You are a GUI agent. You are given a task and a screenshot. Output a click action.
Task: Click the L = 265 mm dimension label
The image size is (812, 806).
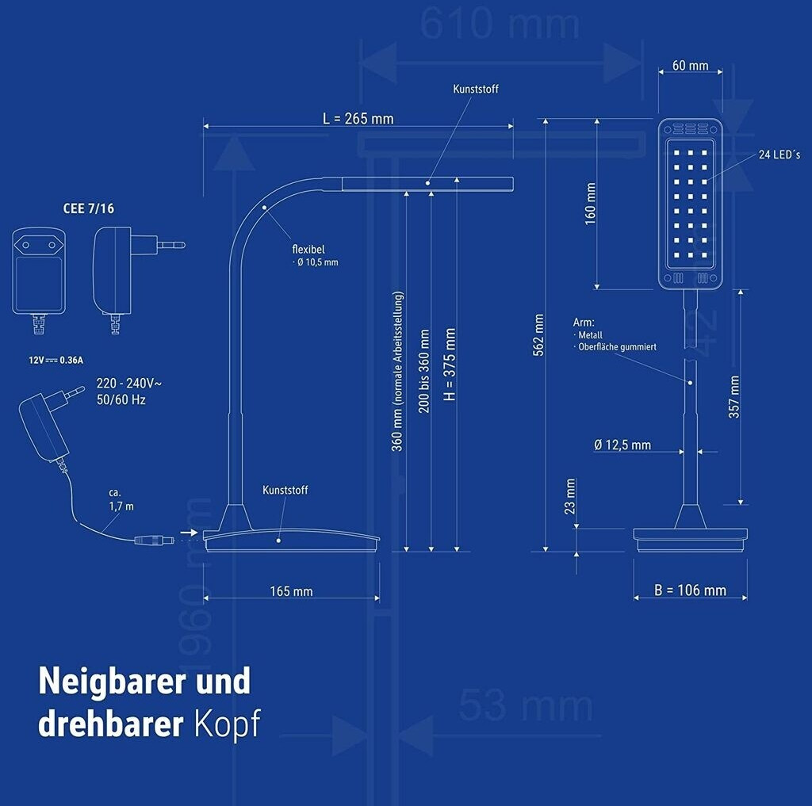[x=358, y=119]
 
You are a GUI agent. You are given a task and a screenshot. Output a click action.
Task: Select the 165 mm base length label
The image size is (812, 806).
[x=291, y=591]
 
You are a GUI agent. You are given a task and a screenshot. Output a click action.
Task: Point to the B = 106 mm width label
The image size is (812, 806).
[x=690, y=590]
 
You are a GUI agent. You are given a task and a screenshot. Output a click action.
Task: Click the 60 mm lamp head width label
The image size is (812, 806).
[x=690, y=66]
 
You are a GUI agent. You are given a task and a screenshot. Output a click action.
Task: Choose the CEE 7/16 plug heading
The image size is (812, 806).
[x=87, y=209]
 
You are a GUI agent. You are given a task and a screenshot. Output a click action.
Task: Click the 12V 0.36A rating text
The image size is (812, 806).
[x=56, y=361]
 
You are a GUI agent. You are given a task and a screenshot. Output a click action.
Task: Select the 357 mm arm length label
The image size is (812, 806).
[x=734, y=396]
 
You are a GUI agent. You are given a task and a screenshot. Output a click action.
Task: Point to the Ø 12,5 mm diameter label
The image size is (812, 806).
[x=622, y=445]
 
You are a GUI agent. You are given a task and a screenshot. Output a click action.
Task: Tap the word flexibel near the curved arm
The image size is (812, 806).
[x=308, y=249]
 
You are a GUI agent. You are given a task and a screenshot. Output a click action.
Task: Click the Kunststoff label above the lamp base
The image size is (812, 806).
[x=285, y=491]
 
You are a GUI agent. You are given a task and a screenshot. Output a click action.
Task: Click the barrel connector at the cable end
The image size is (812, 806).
[x=154, y=541]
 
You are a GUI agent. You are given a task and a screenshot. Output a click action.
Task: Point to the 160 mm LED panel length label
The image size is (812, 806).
[x=591, y=204]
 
